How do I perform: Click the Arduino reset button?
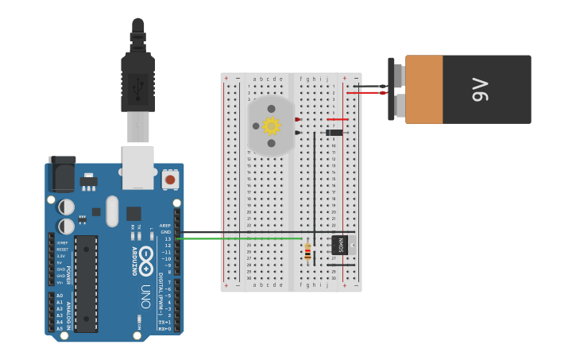170,180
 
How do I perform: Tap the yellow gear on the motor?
272,126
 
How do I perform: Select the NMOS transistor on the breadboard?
340,245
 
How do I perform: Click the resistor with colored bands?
307,252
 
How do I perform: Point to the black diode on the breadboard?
334,133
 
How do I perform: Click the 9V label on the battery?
480,89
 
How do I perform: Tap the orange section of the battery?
423,89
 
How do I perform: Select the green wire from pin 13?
238,238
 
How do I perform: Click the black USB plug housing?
137,83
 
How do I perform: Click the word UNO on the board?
145,296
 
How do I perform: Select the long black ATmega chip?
86,283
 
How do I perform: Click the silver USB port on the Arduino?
137,167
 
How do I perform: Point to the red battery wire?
365,93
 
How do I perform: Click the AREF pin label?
165,225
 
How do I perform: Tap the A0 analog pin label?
60,296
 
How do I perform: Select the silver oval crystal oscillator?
112,211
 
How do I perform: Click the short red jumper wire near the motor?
338,119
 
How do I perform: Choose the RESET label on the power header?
62,250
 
